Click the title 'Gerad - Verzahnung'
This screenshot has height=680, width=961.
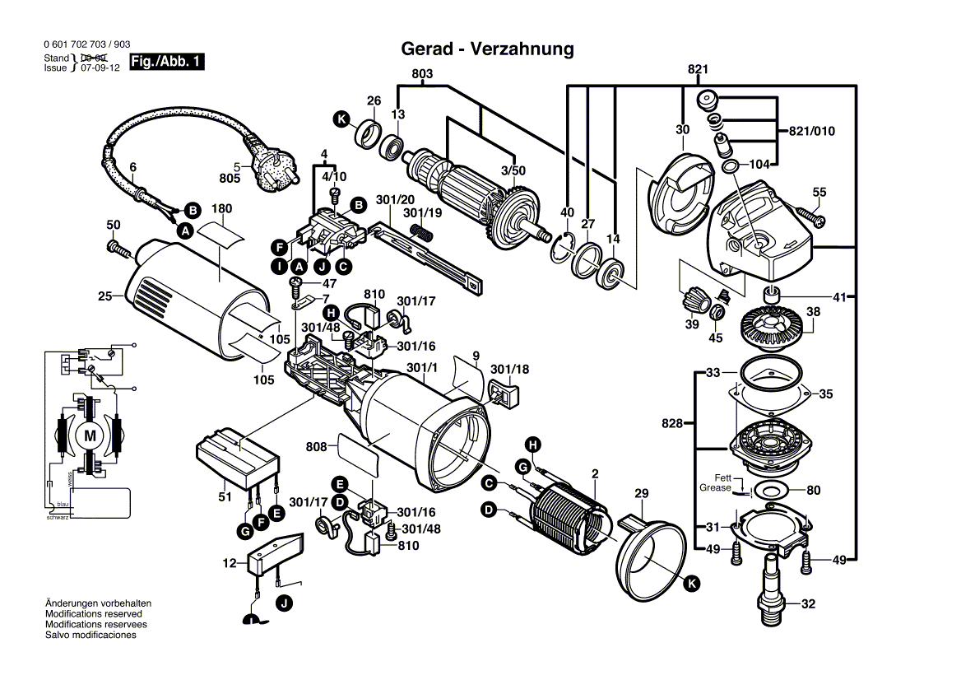click(x=487, y=49)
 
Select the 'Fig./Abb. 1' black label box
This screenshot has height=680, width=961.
click(x=167, y=63)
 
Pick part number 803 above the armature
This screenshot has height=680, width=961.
click(x=422, y=74)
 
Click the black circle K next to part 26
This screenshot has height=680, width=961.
click(x=341, y=119)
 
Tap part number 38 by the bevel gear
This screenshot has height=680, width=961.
click(x=813, y=312)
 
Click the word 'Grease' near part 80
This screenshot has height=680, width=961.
click(x=715, y=488)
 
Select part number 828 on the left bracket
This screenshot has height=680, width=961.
click(x=672, y=423)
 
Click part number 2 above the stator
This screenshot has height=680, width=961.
click(x=594, y=473)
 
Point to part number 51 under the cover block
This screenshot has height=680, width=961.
click(x=225, y=496)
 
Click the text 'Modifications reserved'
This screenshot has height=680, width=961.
click(x=93, y=614)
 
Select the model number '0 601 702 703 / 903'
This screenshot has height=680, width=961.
click(x=86, y=44)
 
